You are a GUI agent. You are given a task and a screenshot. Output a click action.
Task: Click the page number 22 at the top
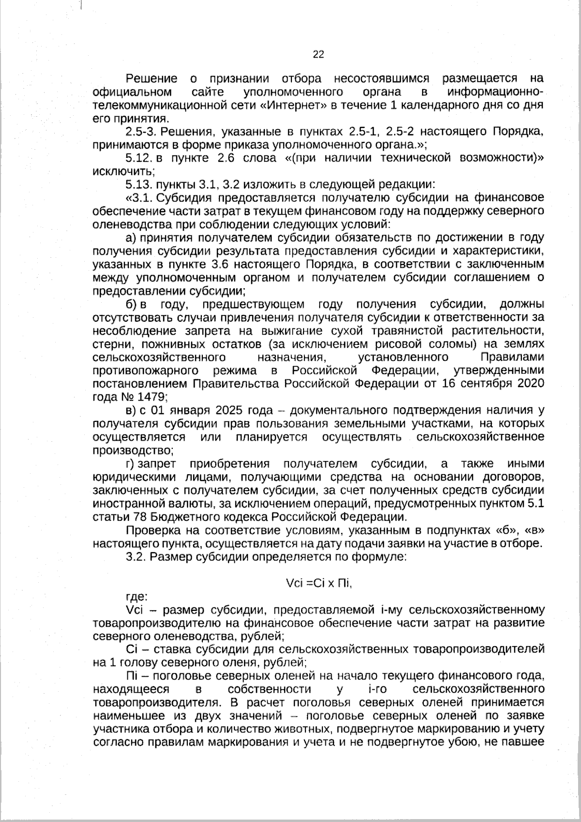pyautogui.click(x=318, y=54)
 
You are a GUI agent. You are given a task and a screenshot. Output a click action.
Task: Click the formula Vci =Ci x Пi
pyautogui.click(x=319, y=584)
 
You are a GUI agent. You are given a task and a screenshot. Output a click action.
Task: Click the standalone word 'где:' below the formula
pyautogui.click(x=137, y=597)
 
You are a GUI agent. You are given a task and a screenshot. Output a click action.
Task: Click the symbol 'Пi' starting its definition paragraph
pyautogui.click(x=131, y=676)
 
